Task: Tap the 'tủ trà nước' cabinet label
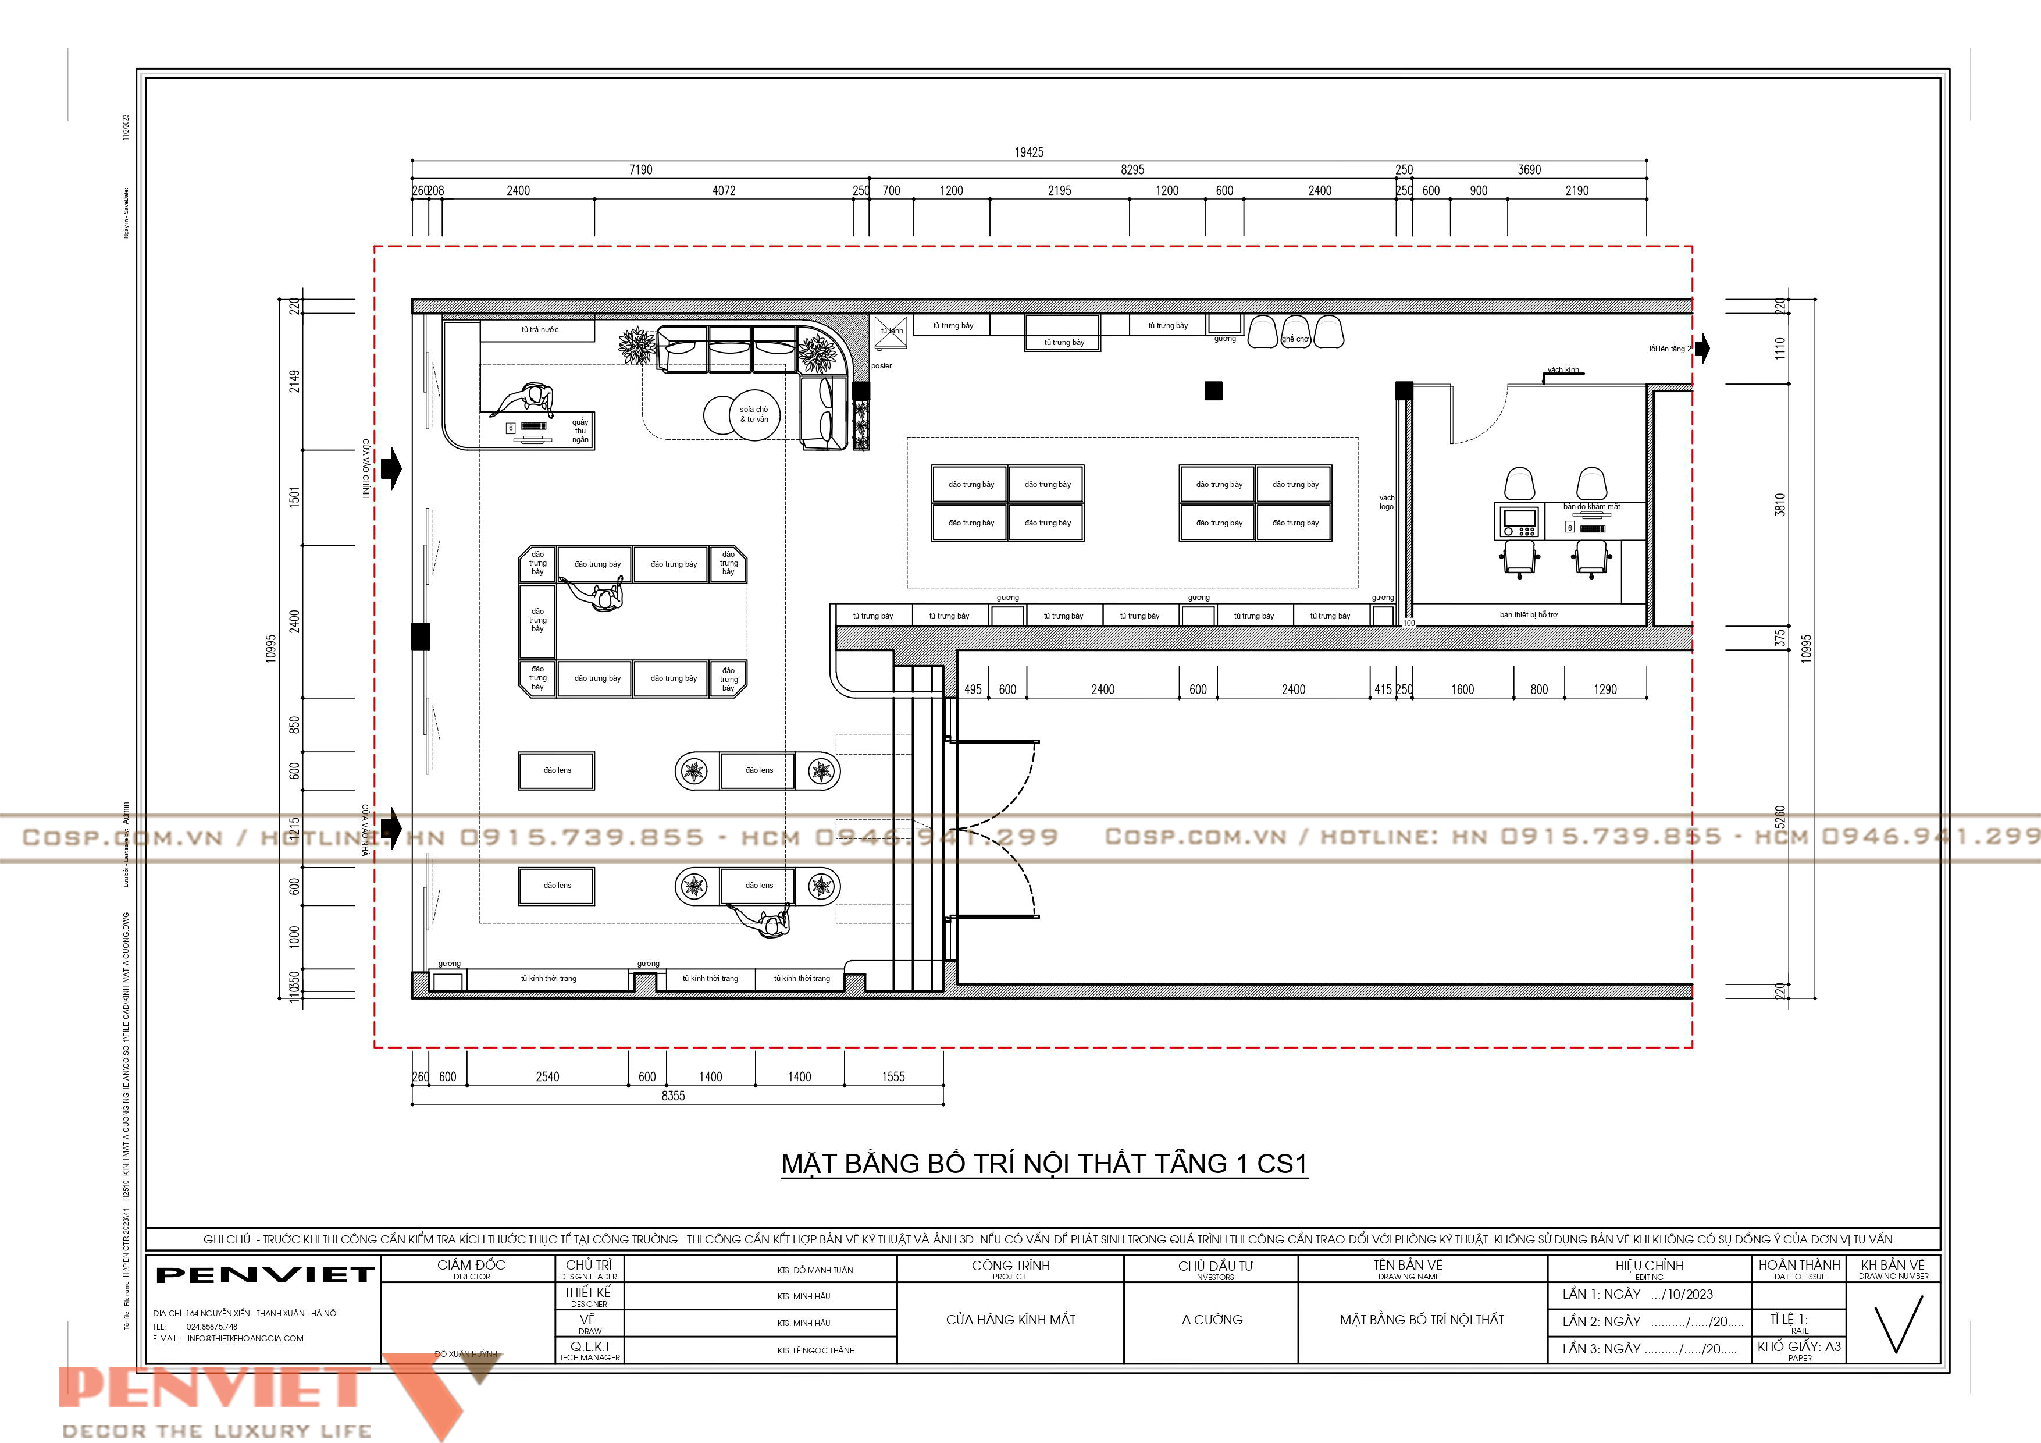(540, 330)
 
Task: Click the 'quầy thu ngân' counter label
(579, 431)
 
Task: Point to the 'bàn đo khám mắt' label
(1591, 507)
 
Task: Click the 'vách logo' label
(1386, 502)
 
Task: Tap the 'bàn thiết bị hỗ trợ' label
(1528, 614)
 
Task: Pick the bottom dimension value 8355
(673, 1096)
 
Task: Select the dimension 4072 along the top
(724, 190)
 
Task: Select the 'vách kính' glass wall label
(1563, 370)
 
